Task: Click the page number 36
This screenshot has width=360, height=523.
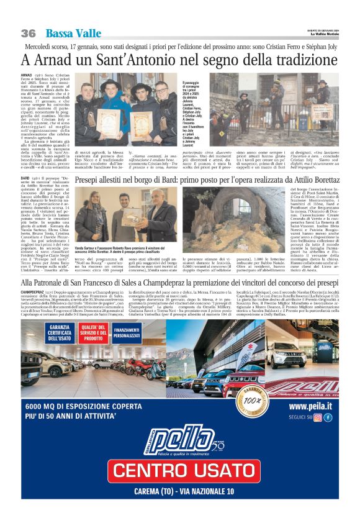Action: pos(28,33)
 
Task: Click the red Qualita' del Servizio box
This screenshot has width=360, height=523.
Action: pos(92,332)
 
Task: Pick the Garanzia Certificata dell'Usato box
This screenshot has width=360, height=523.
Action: pos(59,332)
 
